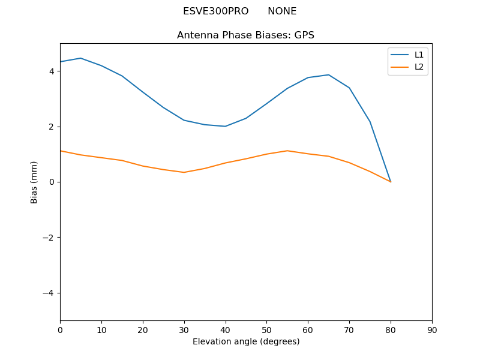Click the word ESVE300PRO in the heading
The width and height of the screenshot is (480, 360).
point(215,11)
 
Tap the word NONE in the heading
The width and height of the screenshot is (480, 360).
point(282,11)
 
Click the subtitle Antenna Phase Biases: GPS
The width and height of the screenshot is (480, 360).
point(245,35)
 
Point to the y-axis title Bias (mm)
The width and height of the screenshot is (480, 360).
point(34,182)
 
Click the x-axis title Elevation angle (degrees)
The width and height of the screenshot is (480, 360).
point(245,341)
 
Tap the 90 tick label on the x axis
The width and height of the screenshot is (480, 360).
point(431,329)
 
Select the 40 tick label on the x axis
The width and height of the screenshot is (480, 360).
point(225,329)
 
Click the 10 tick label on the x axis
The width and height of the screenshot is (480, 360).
point(101,329)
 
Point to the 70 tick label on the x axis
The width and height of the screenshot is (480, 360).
point(349,329)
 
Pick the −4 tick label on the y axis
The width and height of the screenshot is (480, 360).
point(49,293)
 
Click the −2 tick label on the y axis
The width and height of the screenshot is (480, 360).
point(49,238)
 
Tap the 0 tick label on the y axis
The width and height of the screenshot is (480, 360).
point(52,182)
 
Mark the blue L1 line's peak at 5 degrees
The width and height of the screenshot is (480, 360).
point(80,58)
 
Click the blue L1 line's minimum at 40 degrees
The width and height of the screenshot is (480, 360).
point(225,126)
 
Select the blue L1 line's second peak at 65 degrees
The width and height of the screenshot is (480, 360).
point(328,75)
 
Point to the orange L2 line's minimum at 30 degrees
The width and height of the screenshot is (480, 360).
point(184,172)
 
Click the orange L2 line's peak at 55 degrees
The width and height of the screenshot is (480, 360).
point(287,151)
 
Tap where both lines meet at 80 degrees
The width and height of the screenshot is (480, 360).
point(391,182)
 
